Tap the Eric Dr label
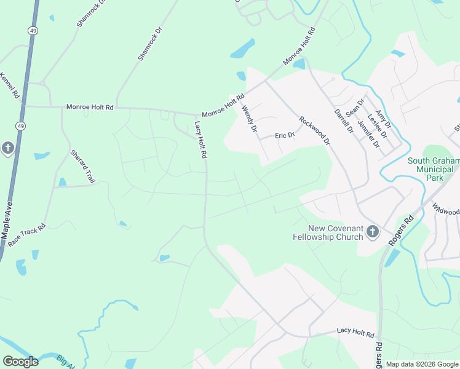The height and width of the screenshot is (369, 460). (x=285, y=135)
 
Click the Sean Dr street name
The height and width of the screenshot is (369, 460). (x=355, y=107)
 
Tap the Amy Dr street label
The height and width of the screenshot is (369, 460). (x=383, y=115)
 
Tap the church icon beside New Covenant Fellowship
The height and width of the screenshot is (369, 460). (x=372, y=232)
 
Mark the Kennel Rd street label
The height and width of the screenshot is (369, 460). (x=10, y=87)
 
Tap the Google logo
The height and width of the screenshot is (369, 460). (x=20, y=362)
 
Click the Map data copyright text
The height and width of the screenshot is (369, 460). (x=422, y=364)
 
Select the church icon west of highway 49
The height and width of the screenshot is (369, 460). (x=7, y=148)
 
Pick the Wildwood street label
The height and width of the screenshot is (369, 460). (x=446, y=209)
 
